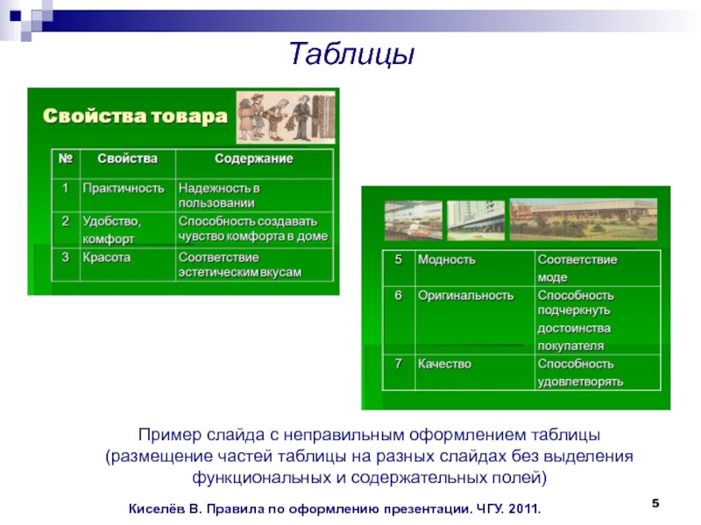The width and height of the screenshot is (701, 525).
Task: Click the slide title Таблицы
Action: tap(352, 53)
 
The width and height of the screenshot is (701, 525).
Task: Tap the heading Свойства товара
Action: tap(135, 116)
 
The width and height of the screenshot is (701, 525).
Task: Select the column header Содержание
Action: tap(254, 158)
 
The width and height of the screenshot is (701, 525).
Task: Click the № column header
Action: tap(66, 158)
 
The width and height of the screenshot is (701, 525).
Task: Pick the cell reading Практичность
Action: tap(124, 188)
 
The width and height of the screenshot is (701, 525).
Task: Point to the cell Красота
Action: tap(106, 257)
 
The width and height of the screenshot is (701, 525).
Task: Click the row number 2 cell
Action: tap(65, 221)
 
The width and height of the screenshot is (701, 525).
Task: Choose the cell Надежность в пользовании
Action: tap(219, 195)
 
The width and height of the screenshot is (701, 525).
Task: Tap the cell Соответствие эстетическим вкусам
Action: tap(240, 265)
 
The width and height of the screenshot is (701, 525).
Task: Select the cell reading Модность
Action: tap(447, 260)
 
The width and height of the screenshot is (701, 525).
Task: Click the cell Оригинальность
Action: tap(466, 296)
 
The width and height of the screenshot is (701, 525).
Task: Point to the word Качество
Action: tap(444, 364)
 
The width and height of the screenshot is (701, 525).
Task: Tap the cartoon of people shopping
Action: tap(286, 117)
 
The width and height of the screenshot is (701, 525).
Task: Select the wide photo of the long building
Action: tap(584, 220)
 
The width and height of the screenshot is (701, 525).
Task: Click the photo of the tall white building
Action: tap(476, 220)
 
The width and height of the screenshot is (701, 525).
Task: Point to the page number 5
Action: tap(655, 504)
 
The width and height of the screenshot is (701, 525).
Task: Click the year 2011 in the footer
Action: tap(524, 509)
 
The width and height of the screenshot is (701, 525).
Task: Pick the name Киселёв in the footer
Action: tap(157, 508)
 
